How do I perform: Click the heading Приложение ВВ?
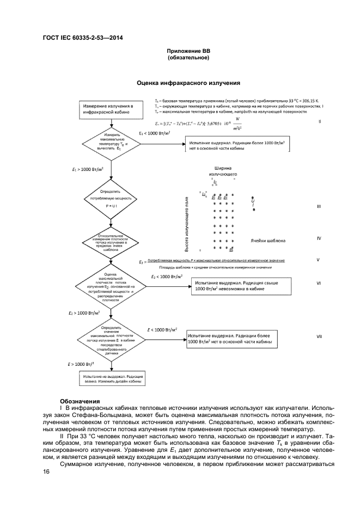coord(188,51)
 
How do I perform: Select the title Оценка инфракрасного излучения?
coord(188,83)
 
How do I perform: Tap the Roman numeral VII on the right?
coord(319,336)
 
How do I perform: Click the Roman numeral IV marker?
coord(319,238)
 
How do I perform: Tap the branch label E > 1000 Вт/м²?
coord(78,363)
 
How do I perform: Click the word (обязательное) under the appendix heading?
coord(188,58)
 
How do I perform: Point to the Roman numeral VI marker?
coord(319,283)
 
